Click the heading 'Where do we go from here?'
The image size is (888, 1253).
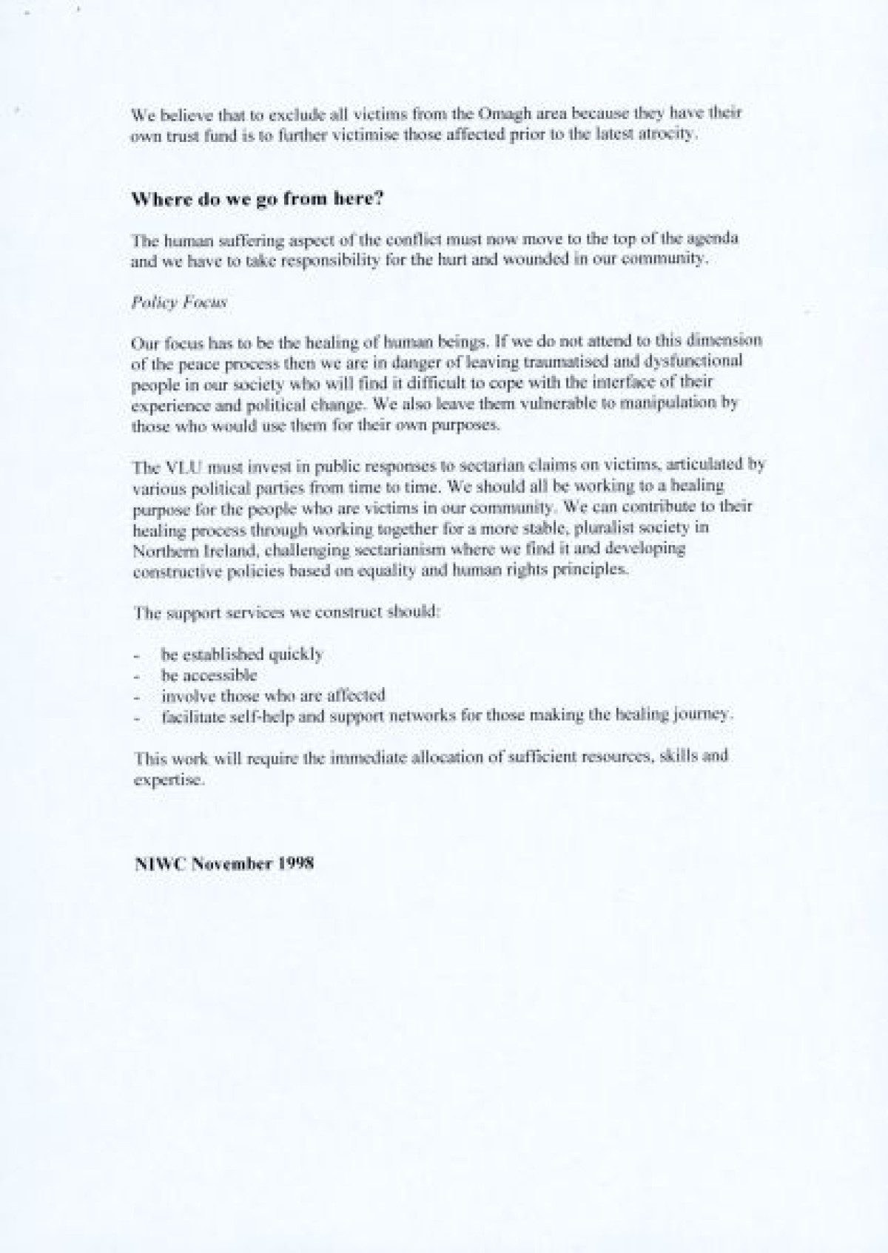coord(258,199)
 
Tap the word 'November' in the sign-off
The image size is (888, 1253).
coord(232,863)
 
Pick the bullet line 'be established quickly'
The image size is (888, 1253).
coord(242,655)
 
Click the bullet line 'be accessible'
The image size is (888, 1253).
coord(209,675)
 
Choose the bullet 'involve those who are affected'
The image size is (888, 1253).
coord(273,696)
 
